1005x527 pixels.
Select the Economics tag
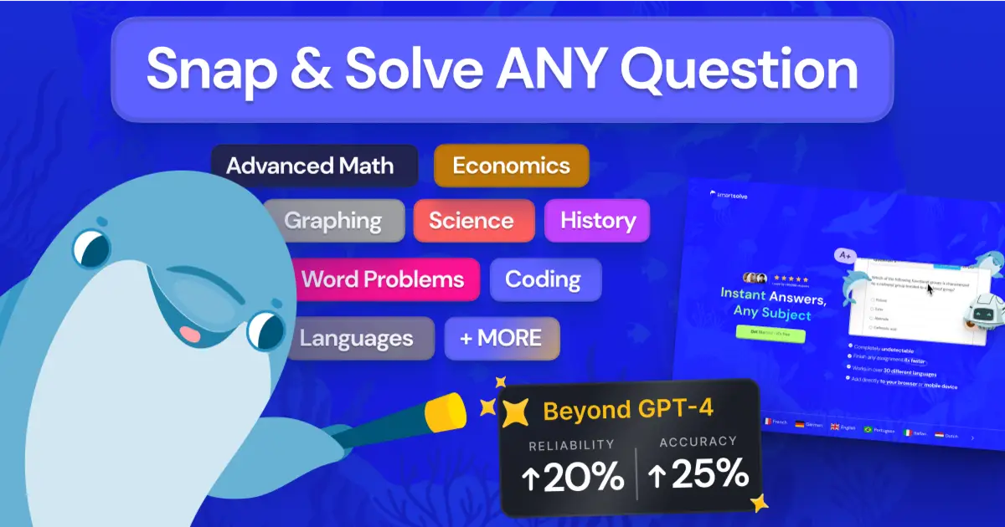511,166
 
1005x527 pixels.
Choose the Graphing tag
332,221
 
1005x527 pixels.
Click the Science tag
472,221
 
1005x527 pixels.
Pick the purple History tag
598,221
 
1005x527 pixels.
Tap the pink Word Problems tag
383,279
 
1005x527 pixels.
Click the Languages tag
357,338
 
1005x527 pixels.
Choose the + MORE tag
502,338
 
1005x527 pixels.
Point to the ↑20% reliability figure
574,478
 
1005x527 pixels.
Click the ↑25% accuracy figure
698,475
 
